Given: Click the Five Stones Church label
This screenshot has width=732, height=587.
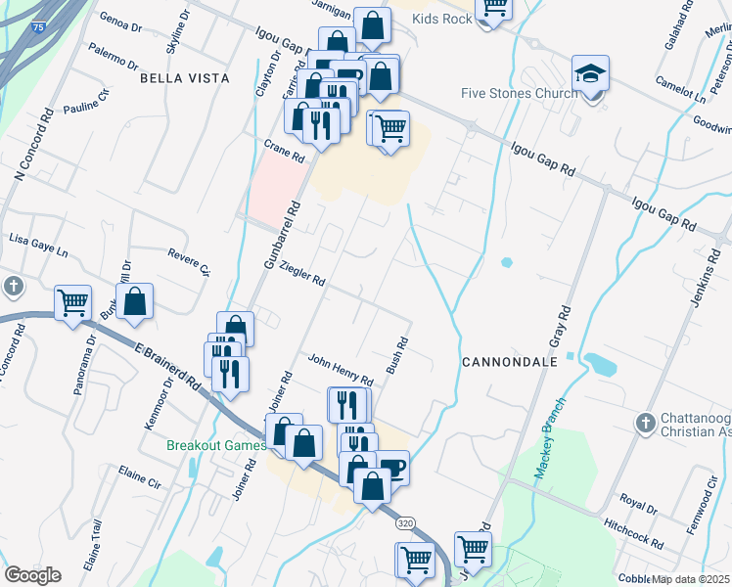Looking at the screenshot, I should (x=518, y=94).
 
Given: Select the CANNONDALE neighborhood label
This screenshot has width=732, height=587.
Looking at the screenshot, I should (x=509, y=362).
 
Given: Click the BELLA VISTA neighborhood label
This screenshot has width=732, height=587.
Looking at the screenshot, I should (x=185, y=77).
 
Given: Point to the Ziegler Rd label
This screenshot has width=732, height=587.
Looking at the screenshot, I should (x=301, y=273).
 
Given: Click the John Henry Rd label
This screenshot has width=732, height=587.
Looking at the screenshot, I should (x=341, y=369).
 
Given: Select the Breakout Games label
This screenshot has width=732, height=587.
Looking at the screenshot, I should (x=215, y=445).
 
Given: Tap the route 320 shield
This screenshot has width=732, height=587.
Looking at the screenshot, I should (x=406, y=524).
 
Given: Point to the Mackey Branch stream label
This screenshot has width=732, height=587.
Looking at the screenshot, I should (x=551, y=438).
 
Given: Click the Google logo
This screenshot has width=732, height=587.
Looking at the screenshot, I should (x=32, y=575).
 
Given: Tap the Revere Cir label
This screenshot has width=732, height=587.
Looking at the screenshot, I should (x=189, y=259).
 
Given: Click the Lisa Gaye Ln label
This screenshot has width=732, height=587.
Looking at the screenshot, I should (x=39, y=244).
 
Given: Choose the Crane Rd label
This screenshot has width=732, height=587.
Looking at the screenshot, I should (x=285, y=150).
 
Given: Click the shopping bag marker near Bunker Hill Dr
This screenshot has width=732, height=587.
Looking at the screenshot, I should (x=136, y=302).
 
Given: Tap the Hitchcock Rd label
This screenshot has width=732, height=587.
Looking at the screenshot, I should (x=633, y=534).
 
